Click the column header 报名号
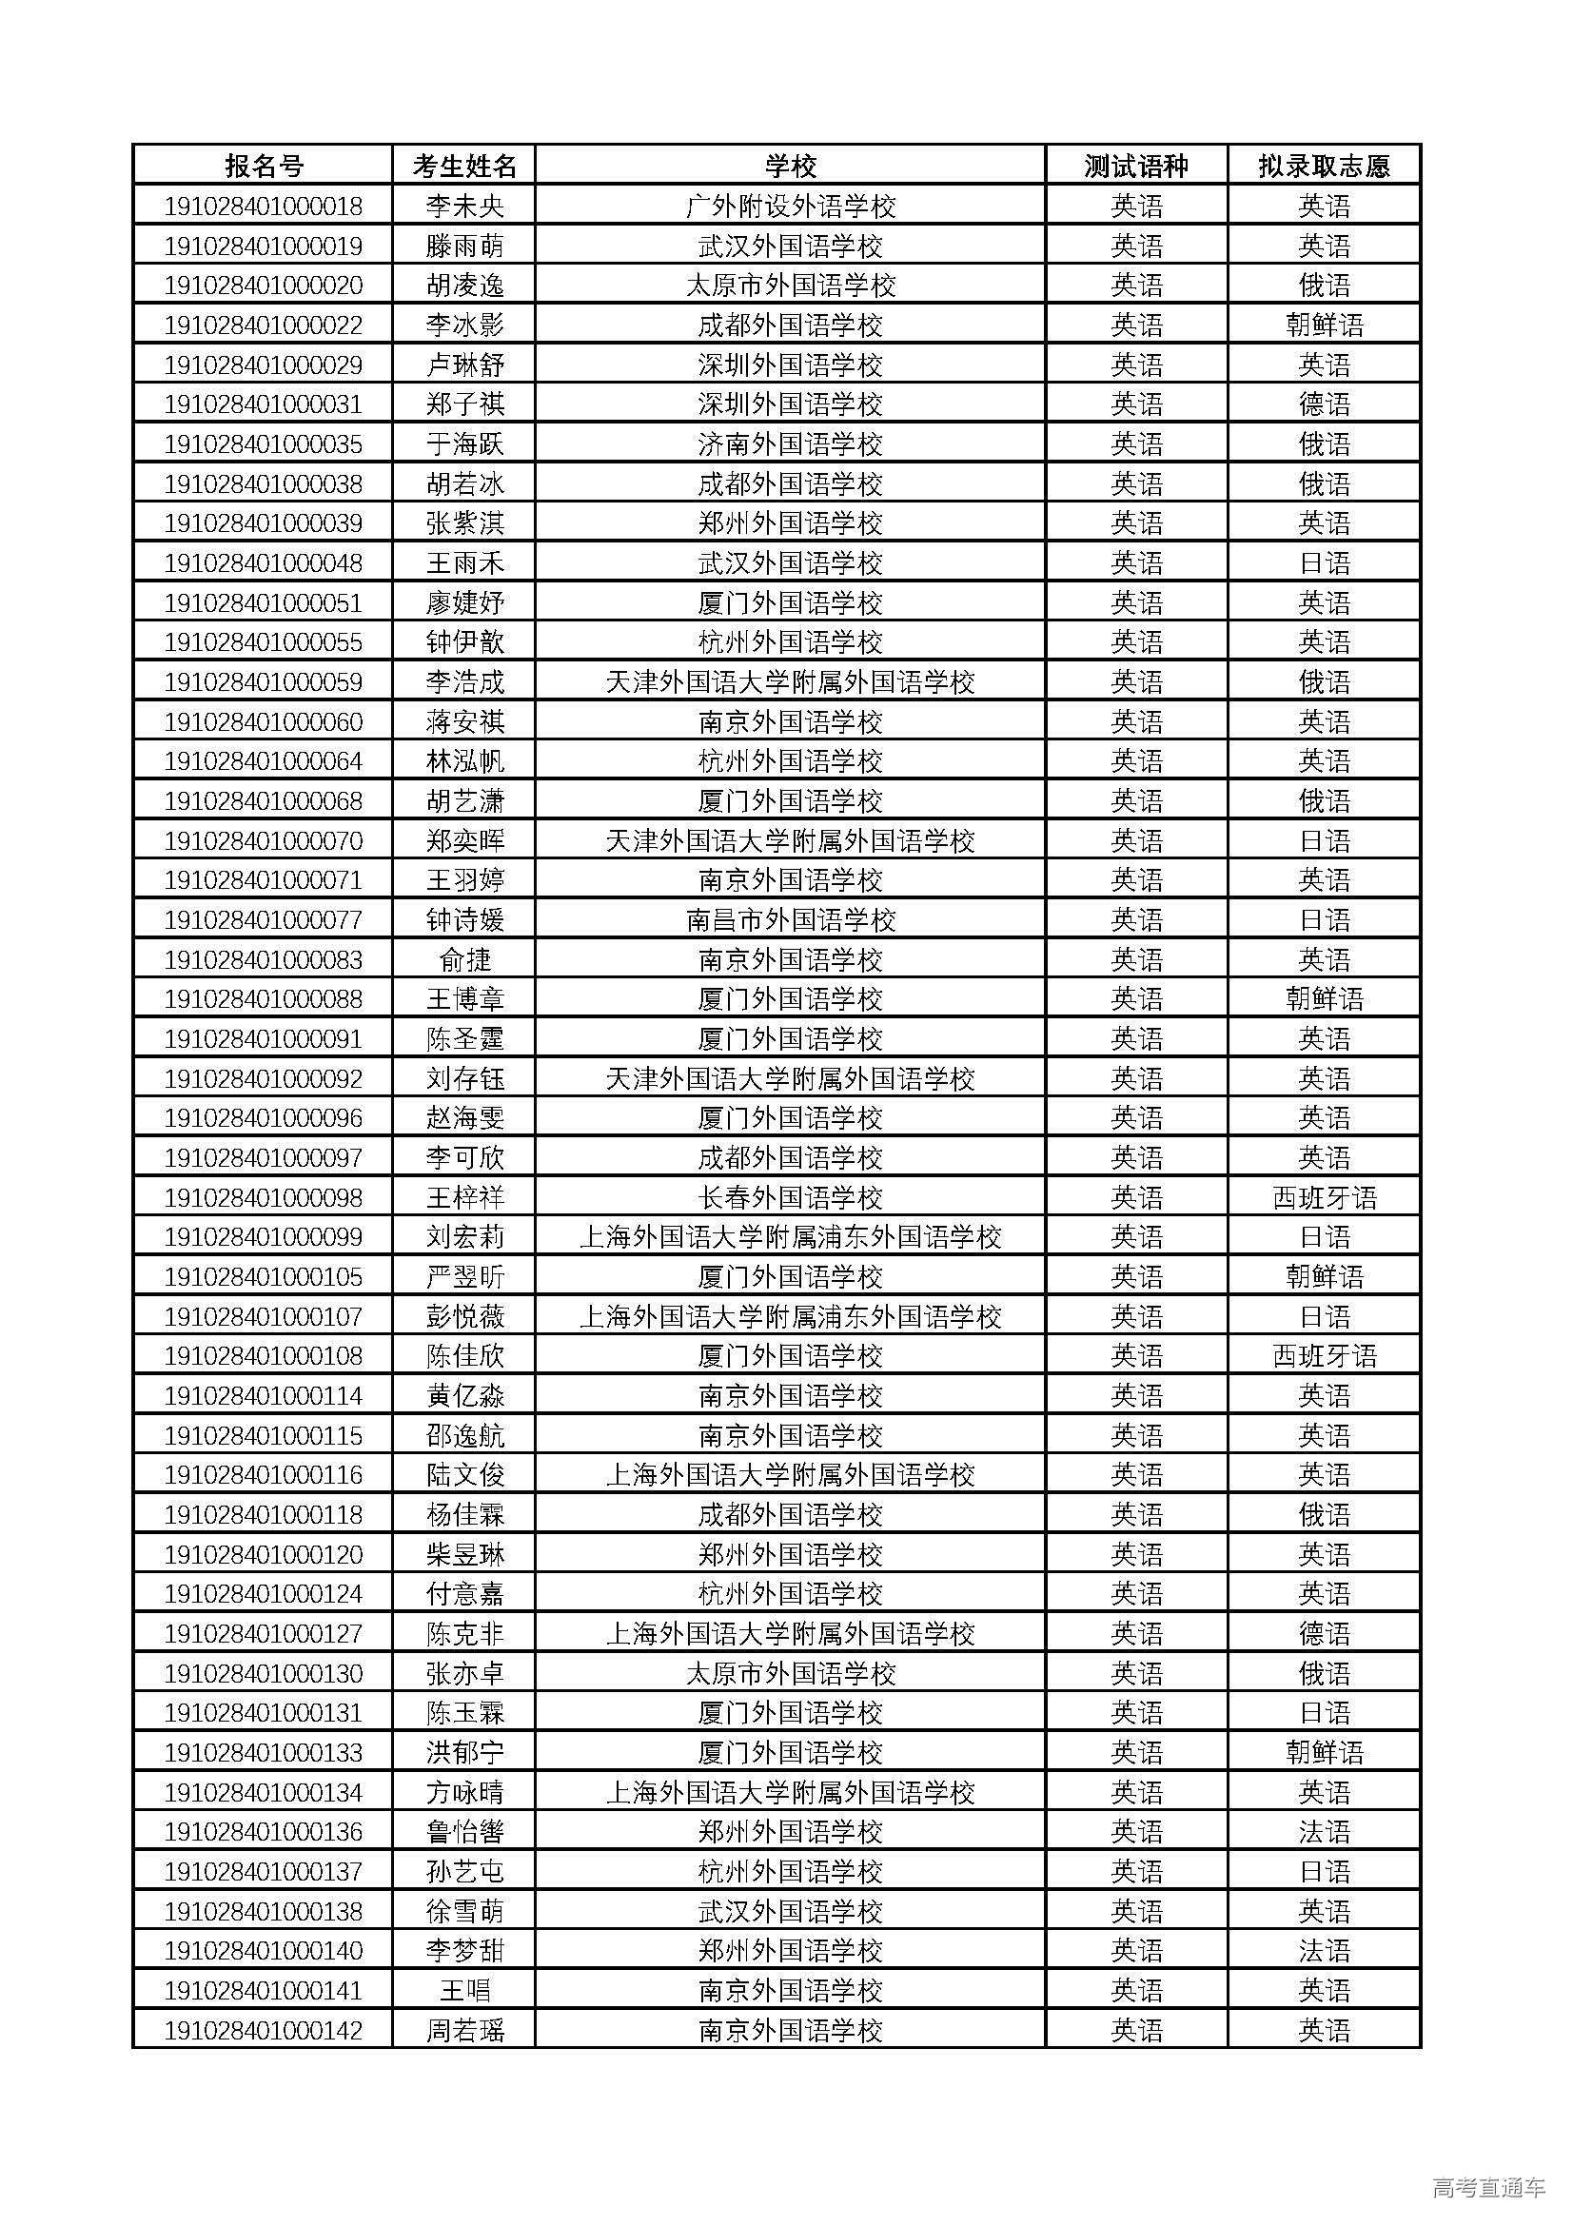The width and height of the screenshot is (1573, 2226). point(263,166)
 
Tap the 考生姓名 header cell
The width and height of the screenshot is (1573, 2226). point(464,166)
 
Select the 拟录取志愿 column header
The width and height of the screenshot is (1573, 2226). point(1324,166)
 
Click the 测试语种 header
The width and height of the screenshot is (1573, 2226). point(1136,166)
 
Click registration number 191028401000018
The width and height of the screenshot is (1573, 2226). point(263,206)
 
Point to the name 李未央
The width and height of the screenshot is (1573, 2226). point(464,206)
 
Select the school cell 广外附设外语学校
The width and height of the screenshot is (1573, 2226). point(790,206)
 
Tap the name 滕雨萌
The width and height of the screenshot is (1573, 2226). point(464,246)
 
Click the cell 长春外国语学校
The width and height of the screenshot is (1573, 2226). point(790,1197)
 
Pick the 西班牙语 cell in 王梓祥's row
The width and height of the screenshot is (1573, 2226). point(1324,1197)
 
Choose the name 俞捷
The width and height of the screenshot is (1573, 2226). point(464,960)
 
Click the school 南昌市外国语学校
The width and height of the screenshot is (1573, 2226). point(790,920)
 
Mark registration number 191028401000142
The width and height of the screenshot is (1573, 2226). point(263,2030)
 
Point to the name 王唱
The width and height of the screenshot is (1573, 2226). point(464,1990)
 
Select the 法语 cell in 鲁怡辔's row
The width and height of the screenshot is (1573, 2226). point(1324,1831)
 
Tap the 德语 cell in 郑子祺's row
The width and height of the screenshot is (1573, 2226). point(1324,404)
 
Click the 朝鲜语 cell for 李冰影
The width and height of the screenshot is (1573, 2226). point(1324,325)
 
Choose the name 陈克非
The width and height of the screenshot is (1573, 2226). point(464,1634)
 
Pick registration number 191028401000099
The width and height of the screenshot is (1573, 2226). point(263,1237)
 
